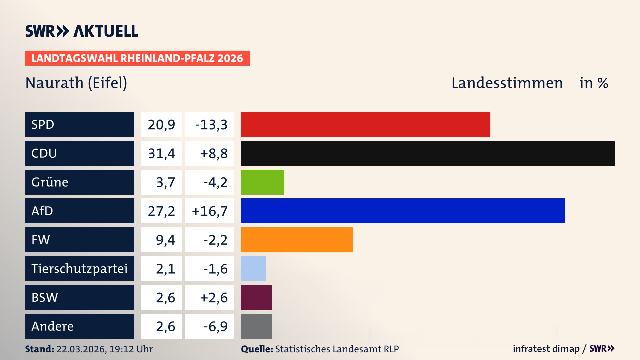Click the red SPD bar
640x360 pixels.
(365, 124)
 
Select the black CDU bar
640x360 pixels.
(428, 153)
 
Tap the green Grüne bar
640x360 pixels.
(262, 182)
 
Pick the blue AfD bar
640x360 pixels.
(403, 211)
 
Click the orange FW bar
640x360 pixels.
(297, 240)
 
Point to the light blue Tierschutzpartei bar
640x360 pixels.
(253, 268)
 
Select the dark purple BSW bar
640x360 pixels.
(256, 297)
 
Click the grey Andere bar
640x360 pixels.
(256, 326)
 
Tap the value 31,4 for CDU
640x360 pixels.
(161, 153)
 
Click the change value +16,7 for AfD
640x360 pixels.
(210, 211)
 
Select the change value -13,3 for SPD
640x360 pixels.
(211, 125)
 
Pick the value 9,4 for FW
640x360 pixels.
(165, 240)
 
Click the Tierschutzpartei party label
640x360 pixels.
(79, 268)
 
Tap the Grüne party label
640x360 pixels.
(50, 182)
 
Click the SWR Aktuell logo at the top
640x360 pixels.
(82, 31)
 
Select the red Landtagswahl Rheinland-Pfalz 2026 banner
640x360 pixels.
(137, 58)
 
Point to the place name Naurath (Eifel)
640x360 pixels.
(76, 83)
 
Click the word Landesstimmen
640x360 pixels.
(507, 83)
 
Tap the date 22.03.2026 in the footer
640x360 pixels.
(81, 349)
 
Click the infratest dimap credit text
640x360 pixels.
(546, 349)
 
